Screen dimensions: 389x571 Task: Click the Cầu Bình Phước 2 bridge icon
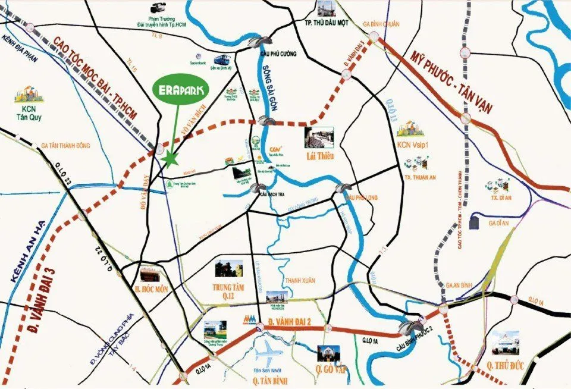411,328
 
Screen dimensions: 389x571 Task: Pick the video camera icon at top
158,8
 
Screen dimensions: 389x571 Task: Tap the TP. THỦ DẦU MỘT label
325,23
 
